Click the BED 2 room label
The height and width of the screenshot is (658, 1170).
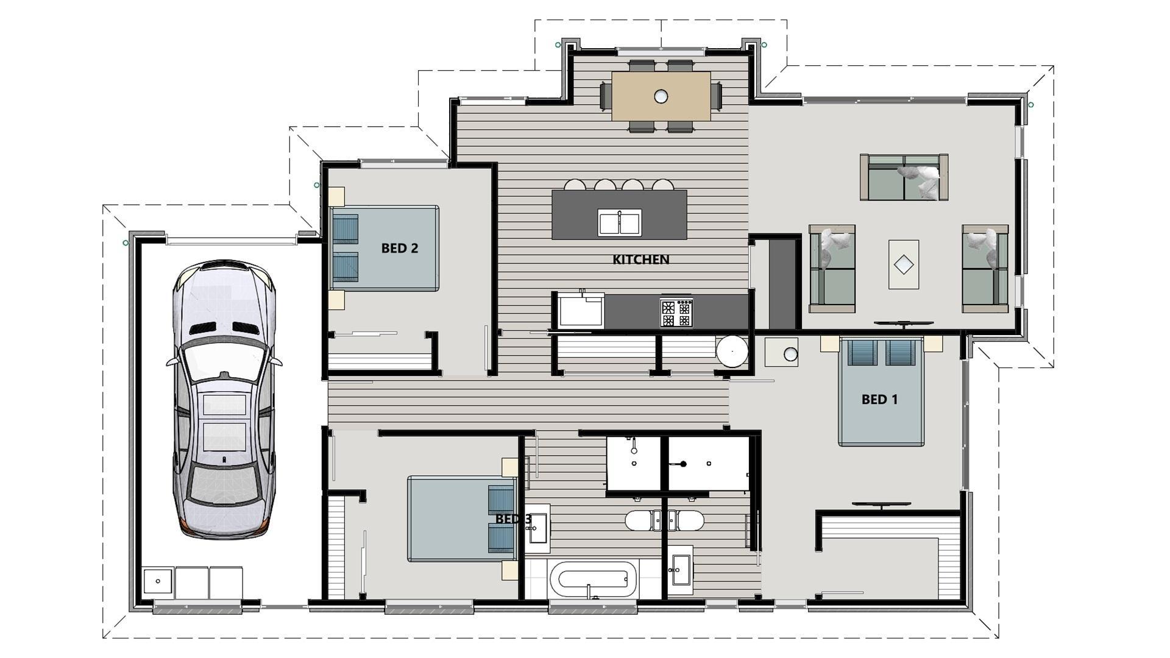pos(399,248)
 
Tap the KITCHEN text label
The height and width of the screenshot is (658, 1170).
pos(640,260)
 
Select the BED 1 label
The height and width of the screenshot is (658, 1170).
pos(879,400)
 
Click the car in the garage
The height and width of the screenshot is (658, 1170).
pos(224,399)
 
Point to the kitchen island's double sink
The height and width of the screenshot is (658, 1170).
pos(619,222)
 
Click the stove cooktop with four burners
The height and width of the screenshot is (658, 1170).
pos(676,313)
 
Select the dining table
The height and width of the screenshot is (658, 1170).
pos(661,96)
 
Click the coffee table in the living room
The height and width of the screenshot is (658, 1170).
pos(903,264)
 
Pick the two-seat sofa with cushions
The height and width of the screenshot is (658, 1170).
pos(904,177)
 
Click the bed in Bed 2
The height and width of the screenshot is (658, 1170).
pos(384,248)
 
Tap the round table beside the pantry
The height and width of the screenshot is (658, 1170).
pos(732,352)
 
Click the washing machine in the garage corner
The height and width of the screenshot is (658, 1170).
pos(158,582)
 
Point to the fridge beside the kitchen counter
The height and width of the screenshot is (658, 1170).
pos(581,311)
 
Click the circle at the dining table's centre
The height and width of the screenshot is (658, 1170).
pos(661,96)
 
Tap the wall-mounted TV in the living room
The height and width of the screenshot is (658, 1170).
pos(903,324)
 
